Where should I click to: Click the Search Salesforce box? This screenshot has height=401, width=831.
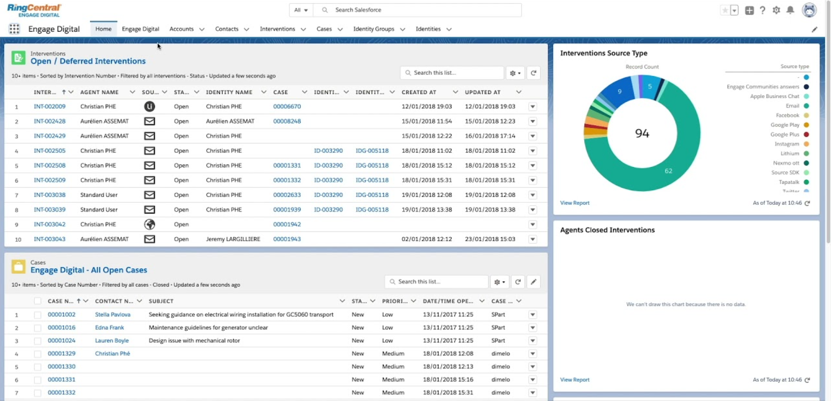[x=416, y=10]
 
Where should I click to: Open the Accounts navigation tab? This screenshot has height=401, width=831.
[x=181, y=29]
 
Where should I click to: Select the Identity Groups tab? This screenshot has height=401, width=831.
[x=373, y=29]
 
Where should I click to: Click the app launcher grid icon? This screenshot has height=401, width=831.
[x=14, y=29]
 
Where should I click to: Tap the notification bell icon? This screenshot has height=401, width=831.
[x=790, y=10]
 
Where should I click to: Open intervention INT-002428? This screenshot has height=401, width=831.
[x=49, y=121]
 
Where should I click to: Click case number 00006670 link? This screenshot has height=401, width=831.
[x=287, y=107]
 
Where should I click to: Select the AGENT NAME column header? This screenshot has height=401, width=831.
[x=99, y=92]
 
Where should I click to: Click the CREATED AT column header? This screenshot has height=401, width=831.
[x=419, y=92]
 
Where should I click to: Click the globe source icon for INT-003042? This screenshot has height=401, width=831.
[x=149, y=224]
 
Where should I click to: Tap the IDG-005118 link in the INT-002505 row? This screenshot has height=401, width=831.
[x=372, y=151]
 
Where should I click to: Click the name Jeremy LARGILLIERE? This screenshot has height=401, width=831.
[x=233, y=239]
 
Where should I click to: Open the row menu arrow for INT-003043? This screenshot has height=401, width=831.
[x=532, y=239]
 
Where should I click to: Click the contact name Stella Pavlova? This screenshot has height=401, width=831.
[x=112, y=315]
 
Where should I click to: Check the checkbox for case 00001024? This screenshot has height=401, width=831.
[x=37, y=341]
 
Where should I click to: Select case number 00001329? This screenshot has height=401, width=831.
[x=61, y=354]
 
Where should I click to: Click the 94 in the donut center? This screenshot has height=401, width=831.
[x=642, y=134]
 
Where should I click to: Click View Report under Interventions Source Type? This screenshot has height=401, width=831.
[x=574, y=203]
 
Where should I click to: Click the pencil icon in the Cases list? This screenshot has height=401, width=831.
[x=533, y=282]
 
